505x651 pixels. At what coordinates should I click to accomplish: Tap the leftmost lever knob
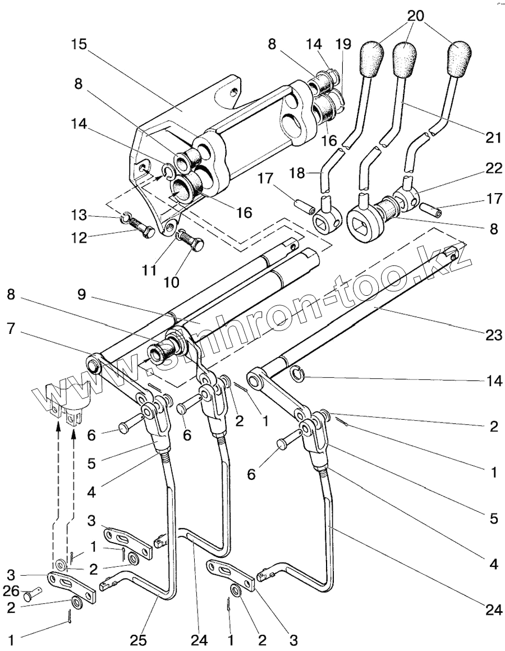[370, 58]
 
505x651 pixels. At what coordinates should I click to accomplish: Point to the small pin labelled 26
[36, 591]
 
